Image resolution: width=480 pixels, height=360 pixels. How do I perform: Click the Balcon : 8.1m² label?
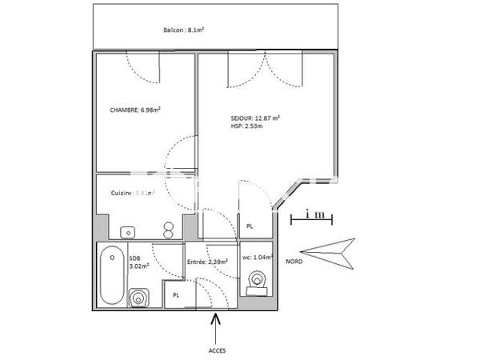point(184,30)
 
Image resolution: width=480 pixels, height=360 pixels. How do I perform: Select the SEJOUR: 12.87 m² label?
point(254,118)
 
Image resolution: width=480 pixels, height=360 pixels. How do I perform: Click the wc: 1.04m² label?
point(257,258)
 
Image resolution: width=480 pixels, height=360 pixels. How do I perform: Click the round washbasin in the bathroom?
point(139,298)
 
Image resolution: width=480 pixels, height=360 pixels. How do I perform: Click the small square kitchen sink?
point(127,232)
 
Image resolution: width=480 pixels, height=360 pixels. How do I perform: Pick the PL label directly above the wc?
point(250,226)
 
